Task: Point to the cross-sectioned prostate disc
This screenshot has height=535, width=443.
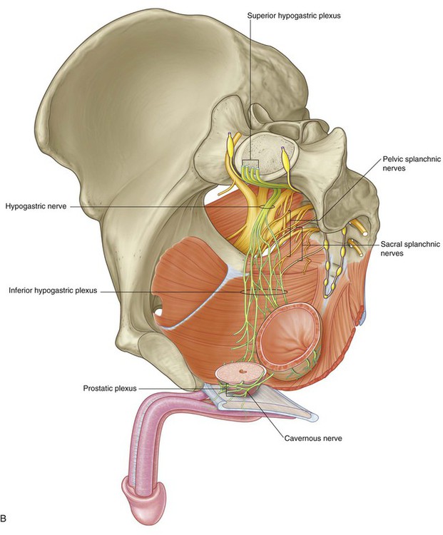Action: click(242, 374)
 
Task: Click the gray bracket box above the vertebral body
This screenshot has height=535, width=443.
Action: click(250, 163)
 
